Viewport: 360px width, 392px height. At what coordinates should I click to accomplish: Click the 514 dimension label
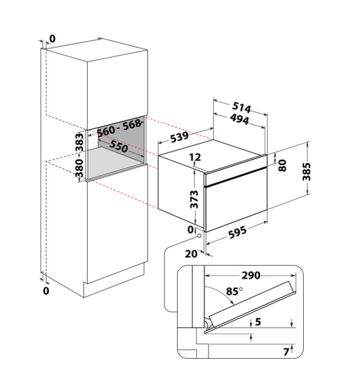(241, 107)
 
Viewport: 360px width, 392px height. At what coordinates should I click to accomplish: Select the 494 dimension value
(240, 119)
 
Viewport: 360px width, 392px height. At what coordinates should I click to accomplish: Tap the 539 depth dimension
(180, 137)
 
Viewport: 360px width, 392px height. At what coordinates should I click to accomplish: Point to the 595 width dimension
(238, 232)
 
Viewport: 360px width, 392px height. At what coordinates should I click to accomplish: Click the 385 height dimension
(306, 171)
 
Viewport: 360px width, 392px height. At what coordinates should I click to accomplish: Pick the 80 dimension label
(282, 166)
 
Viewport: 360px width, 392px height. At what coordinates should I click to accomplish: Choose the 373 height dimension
(194, 199)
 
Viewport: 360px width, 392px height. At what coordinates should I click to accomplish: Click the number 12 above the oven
(195, 157)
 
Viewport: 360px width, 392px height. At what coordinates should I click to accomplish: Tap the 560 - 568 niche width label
(119, 128)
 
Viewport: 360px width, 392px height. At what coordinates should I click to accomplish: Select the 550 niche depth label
(119, 146)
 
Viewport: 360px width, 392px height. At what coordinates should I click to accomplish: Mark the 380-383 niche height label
(80, 155)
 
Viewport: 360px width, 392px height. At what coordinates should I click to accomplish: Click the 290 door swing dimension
(251, 275)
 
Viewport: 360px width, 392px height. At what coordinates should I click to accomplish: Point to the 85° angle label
(234, 291)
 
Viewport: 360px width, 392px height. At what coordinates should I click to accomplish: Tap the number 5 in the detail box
(258, 322)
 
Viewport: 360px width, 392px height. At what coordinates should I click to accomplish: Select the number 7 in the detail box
(286, 352)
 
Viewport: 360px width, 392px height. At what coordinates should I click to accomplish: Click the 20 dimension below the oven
(191, 254)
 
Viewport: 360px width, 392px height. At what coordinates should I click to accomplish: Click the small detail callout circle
(200, 236)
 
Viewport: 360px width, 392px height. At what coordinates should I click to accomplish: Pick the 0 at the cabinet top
(52, 39)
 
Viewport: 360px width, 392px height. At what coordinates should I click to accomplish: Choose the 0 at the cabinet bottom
(46, 291)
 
